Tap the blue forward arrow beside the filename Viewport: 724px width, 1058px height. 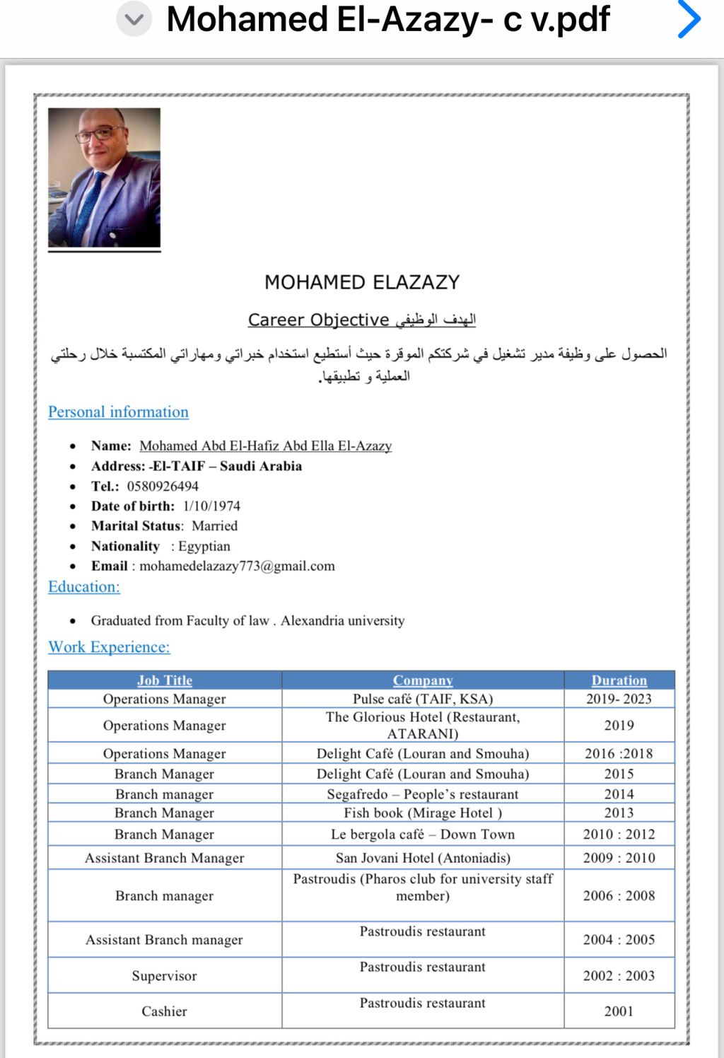(689, 19)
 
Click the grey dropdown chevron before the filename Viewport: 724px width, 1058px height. (134, 20)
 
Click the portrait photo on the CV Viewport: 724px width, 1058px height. (104, 178)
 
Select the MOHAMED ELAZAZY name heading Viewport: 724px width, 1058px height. (362, 282)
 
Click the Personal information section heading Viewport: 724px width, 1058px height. (118, 412)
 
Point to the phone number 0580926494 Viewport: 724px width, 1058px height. (163, 486)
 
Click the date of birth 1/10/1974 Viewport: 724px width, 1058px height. (211, 506)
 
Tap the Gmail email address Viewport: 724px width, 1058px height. (237, 566)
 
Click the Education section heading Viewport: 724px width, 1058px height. (84, 586)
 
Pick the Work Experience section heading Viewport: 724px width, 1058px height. (109, 646)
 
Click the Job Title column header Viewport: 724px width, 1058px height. (165, 680)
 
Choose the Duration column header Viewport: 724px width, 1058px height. (619, 680)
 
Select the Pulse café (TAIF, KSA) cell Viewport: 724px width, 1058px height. (423, 699)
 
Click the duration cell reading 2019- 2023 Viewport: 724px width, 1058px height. (619, 699)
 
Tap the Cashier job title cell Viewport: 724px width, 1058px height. (164, 1011)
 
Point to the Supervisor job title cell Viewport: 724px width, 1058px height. (164, 975)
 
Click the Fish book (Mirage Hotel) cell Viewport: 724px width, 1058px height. (423, 813)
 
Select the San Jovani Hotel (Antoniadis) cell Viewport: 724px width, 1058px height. (423, 858)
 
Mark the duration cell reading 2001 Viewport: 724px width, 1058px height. (619, 1011)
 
